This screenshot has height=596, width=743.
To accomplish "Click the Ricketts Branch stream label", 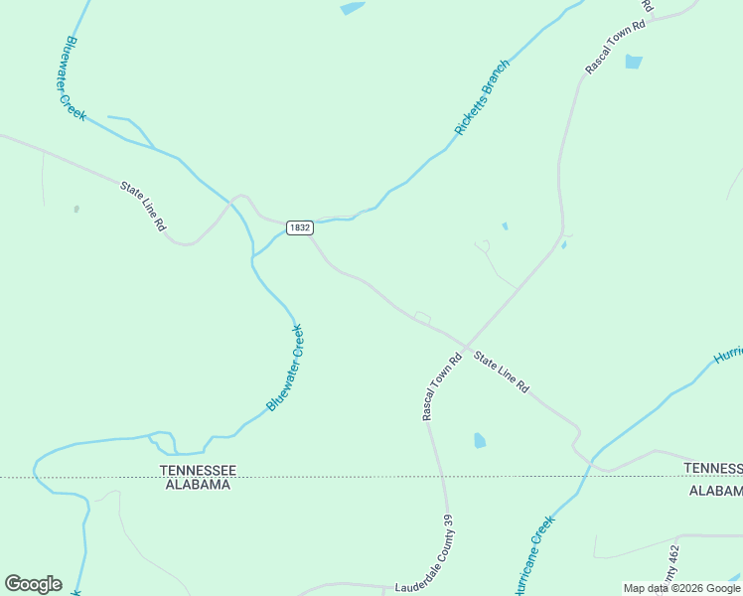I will [x=482, y=98].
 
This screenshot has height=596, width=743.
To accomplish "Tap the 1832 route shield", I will [x=299, y=227].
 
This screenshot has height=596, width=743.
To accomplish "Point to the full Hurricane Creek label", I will [x=532, y=556].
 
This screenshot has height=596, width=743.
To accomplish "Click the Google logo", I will [x=33, y=584].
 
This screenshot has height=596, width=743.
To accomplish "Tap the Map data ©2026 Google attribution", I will [x=681, y=588].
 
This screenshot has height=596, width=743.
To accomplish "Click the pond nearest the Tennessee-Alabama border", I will [x=480, y=440].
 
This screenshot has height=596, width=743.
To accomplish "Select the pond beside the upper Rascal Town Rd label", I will [x=633, y=62].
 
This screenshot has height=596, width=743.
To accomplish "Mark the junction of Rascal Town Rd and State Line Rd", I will [x=465, y=348].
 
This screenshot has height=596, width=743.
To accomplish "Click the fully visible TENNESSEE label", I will [x=199, y=469].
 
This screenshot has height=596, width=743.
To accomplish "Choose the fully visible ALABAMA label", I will [x=197, y=485].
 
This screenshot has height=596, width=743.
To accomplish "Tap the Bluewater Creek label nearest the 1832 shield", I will [x=285, y=368].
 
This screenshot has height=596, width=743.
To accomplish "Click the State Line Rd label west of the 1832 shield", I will [x=143, y=206].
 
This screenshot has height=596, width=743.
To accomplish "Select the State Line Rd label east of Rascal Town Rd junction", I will [x=501, y=372].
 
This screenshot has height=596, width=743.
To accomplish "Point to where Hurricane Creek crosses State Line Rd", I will [x=593, y=461].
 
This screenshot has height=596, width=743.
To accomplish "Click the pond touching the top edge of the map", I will [x=352, y=8].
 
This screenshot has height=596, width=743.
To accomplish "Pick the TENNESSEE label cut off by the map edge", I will [x=713, y=468].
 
